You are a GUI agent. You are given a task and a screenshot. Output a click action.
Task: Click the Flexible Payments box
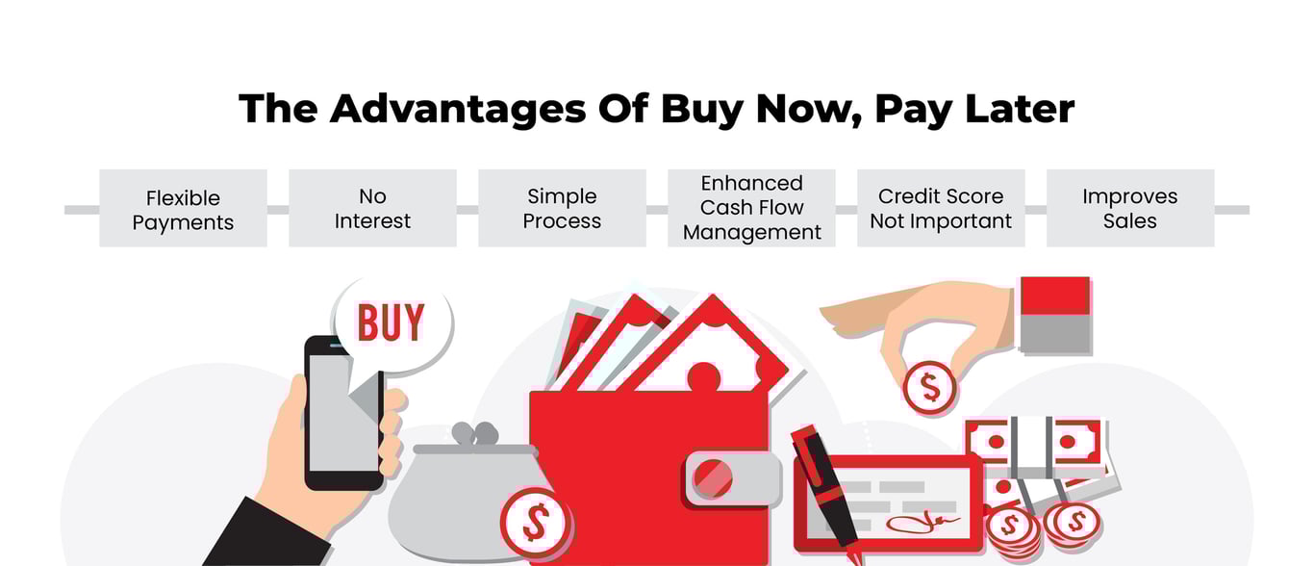coord(183,209)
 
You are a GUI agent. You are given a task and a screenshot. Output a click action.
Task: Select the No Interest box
coord(372,209)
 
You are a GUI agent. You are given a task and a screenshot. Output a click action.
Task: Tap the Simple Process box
coord(562,209)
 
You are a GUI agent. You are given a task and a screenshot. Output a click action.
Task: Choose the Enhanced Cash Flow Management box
coord(751,208)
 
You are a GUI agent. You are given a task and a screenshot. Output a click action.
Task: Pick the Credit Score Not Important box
coord(941,209)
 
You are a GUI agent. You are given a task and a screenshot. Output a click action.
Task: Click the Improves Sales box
coord(1130,209)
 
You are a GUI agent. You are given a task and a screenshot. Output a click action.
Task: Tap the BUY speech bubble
coord(391,323)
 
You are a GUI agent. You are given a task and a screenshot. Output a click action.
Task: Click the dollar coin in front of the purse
coord(535,524)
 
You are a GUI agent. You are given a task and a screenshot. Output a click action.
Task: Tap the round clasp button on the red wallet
coord(713,478)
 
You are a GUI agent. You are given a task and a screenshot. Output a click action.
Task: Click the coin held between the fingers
coord(930,387)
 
